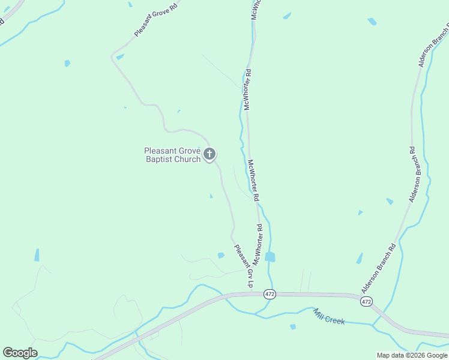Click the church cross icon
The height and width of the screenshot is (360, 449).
coord(209,154)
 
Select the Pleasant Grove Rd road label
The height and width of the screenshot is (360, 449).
coord(152,19)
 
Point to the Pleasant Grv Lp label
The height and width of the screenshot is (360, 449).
coord(243,265)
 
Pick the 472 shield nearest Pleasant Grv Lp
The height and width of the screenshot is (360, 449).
coord(270,293)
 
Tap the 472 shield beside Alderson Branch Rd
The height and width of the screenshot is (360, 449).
coord(366,301)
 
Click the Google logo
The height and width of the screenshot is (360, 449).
coord(20,353)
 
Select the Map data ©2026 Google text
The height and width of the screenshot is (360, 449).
coord(412,355)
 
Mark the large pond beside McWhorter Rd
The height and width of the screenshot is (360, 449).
coord(270,257)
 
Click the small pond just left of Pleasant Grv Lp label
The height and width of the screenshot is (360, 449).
coord(221,256)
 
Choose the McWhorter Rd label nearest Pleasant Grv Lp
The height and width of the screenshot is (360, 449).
coord(258,245)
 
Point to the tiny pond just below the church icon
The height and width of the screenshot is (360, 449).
coord(211,196)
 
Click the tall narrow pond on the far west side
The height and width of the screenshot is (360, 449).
coord(37,255)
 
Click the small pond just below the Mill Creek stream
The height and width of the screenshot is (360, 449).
coord(292,327)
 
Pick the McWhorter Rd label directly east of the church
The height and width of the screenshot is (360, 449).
coord(253,179)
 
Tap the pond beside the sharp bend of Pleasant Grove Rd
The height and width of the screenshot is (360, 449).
coord(120,57)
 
